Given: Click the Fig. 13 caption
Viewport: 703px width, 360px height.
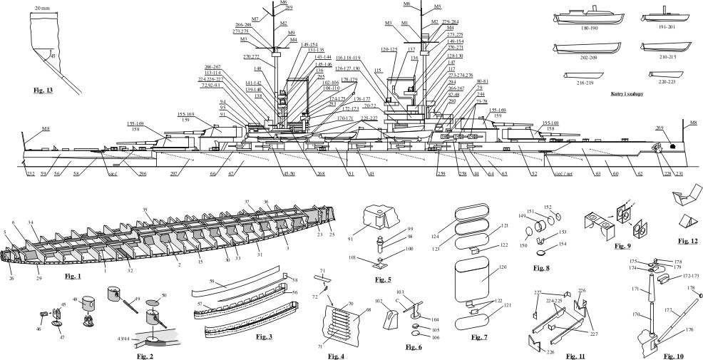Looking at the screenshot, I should point(44,91).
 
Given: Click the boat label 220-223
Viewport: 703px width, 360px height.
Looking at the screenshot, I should point(667,83).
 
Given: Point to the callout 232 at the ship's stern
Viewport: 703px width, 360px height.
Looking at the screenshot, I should point(31,173).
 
